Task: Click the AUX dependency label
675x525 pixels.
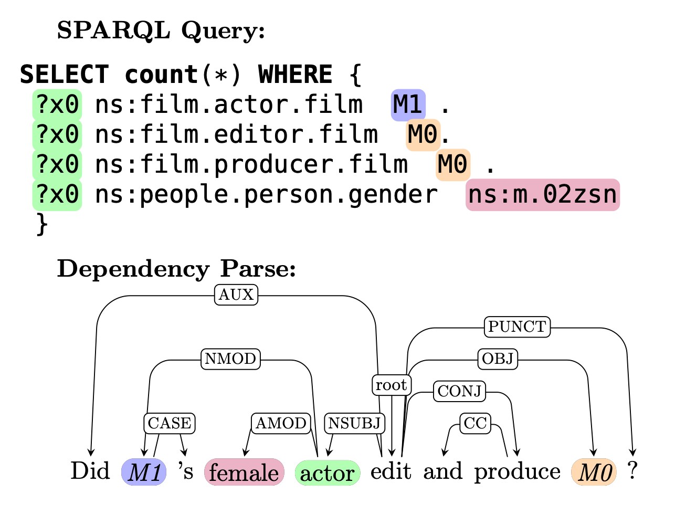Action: point(236,295)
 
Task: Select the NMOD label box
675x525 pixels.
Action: point(230,359)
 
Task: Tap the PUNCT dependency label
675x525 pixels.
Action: point(517,327)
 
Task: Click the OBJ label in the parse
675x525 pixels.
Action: point(498,359)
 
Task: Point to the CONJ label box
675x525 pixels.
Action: point(459,391)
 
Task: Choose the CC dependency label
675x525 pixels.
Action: point(476,423)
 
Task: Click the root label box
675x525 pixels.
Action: point(391,385)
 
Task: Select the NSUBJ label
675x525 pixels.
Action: point(354,423)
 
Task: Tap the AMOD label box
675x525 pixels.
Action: point(281,423)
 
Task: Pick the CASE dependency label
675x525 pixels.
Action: point(169,423)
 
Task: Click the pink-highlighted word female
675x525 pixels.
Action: point(244,472)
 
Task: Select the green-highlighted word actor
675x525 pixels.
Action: point(328,473)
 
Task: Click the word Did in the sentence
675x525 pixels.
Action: point(90,471)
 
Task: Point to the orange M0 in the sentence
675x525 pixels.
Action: point(594,472)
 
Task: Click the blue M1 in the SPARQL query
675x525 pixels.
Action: point(408,104)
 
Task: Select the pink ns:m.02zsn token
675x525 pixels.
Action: point(542,195)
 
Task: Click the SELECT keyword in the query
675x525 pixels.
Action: point(64,75)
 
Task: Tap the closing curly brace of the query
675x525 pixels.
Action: point(41,225)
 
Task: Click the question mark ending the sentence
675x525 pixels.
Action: point(632,471)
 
